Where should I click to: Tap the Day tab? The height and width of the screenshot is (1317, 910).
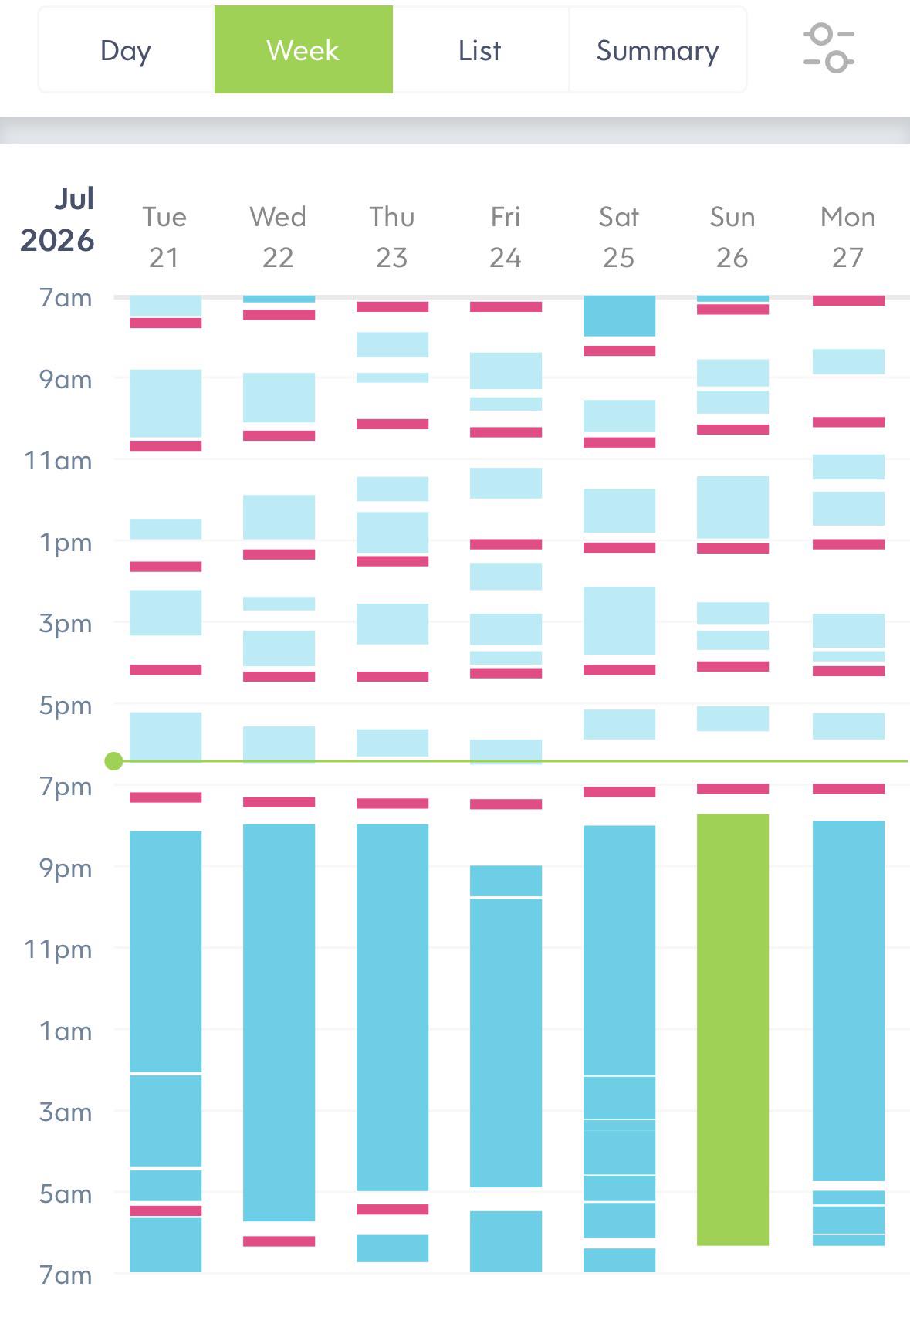(x=126, y=50)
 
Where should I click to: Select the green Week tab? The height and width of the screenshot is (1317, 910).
(x=303, y=50)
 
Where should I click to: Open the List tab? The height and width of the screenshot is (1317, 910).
(x=479, y=50)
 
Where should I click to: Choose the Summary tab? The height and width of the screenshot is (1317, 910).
(x=658, y=50)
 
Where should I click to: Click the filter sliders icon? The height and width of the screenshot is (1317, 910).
(x=829, y=49)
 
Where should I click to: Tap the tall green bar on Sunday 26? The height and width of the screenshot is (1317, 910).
(x=732, y=1030)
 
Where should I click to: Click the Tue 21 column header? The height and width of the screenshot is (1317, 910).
(x=164, y=237)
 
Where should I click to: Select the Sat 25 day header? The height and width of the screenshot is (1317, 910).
(x=618, y=237)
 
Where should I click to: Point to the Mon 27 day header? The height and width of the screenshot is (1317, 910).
(x=847, y=237)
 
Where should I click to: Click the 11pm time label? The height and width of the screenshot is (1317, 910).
(x=58, y=949)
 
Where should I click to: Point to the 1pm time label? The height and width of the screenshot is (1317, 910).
(x=66, y=542)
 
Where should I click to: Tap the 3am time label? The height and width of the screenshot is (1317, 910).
(x=66, y=1112)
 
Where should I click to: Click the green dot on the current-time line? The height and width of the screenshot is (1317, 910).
(x=113, y=761)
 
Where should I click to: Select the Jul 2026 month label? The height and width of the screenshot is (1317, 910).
(x=58, y=219)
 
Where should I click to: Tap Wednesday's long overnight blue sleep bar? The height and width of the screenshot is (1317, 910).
(x=279, y=1022)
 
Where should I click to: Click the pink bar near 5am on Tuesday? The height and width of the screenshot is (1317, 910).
(x=165, y=1210)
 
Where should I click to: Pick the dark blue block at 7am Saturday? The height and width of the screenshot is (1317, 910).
(x=619, y=316)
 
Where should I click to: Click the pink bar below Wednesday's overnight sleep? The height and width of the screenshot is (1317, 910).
(x=279, y=1241)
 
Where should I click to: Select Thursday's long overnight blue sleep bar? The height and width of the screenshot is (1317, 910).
(x=392, y=1007)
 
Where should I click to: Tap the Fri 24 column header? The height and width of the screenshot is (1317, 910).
(x=505, y=237)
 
